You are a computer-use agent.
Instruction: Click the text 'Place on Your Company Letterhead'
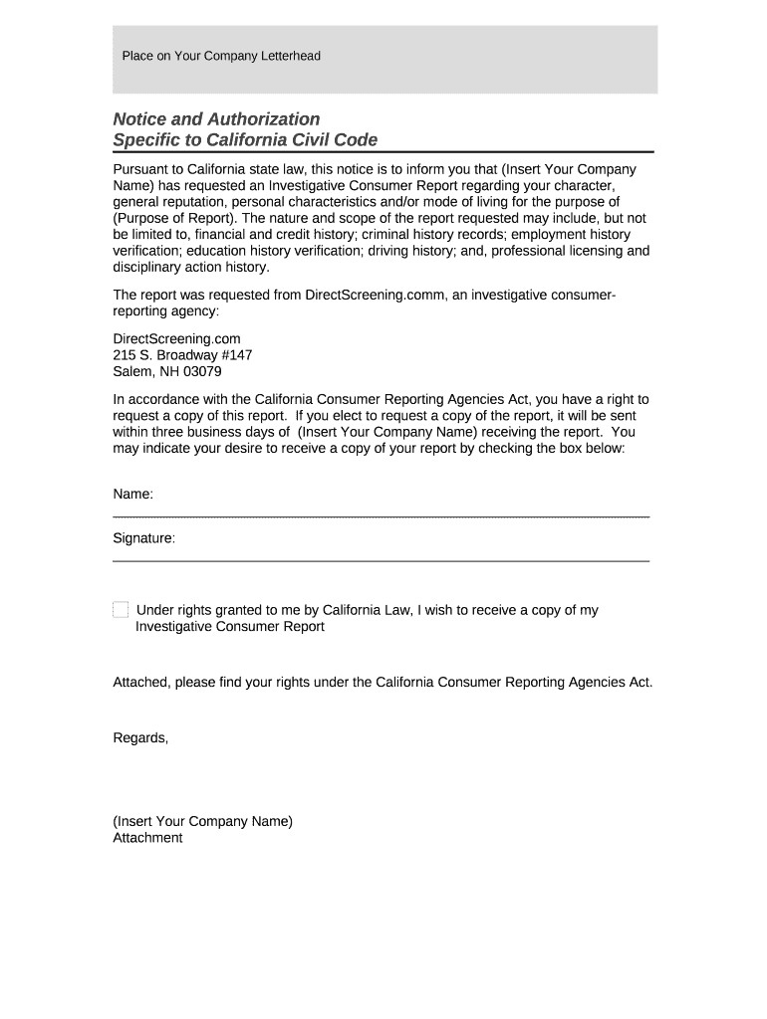pos(221,56)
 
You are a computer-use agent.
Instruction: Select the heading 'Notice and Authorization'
pos(216,119)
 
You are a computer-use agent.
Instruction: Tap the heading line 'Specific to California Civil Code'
pos(245,140)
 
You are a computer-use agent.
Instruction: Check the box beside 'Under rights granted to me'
pos(121,609)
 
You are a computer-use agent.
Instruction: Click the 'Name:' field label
pos(132,494)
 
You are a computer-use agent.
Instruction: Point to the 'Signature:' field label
pos(144,538)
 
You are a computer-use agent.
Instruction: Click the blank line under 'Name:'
pos(381,516)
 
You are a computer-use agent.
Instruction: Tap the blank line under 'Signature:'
pos(381,561)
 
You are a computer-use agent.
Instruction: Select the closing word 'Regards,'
pos(140,737)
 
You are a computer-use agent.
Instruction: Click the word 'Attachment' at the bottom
pos(147,838)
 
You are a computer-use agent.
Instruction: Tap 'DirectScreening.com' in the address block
pos(176,338)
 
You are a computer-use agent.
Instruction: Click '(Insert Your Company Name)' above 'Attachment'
pos(202,821)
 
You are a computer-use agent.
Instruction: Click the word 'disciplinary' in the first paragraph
pos(149,267)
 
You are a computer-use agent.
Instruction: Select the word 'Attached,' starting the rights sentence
pos(141,683)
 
